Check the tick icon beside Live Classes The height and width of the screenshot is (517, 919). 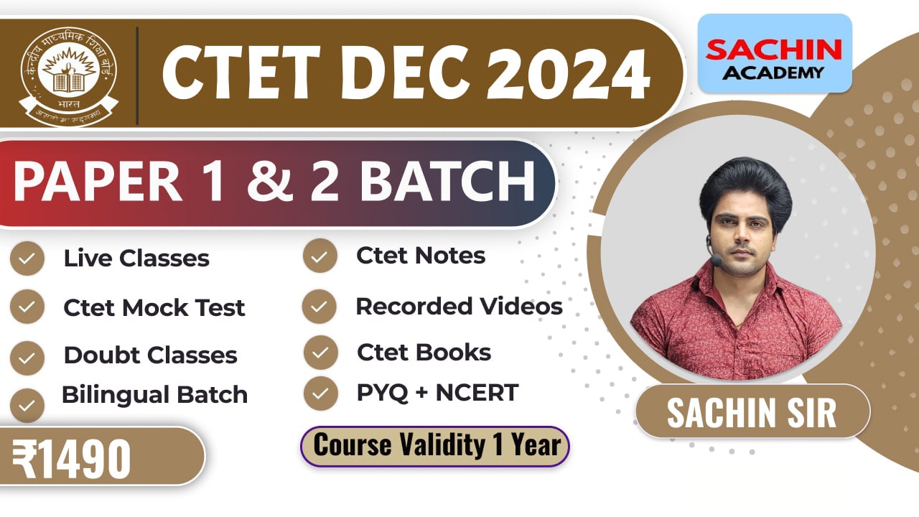click(x=27, y=259)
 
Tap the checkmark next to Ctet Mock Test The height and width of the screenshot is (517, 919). click(x=27, y=307)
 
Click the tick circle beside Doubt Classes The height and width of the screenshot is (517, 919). click(x=27, y=357)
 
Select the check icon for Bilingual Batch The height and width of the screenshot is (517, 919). click(x=27, y=405)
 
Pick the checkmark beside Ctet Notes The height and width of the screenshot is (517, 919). click(x=320, y=256)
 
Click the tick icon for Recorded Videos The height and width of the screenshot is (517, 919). click(x=320, y=307)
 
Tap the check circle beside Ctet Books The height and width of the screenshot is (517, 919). click(x=320, y=353)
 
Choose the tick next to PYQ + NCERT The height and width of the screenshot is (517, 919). click(x=320, y=393)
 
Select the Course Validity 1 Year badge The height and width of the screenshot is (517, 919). click(x=435, y=446)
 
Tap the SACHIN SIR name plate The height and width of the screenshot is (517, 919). click(x=752, y=412)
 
